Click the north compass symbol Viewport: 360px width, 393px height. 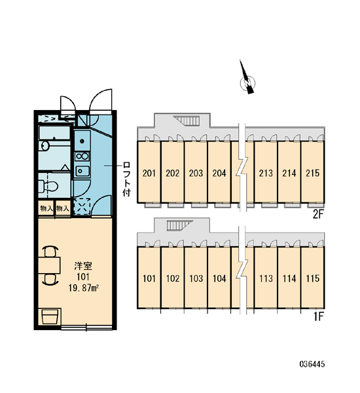pos(247,81)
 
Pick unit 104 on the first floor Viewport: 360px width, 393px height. pos(219,278)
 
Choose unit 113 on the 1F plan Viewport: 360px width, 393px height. pos(266,278)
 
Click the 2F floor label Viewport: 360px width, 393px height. pos(318,214)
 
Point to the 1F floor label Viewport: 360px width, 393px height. pos(319,317)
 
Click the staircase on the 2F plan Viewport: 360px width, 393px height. pos(188,120)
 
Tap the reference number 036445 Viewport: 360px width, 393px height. pos(312,364)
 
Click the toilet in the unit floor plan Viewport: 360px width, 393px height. pos(48,186)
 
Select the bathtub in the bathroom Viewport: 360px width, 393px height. pos(54,133)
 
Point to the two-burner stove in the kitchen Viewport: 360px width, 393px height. pos(82,156)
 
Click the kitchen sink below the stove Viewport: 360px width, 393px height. pos(82,171)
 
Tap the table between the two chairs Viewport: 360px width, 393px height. pos(49,265)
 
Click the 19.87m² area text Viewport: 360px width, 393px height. pos(83,288)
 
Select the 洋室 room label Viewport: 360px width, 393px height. pos(83,266)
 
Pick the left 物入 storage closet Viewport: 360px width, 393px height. pos(46,208)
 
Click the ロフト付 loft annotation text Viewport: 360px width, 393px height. pos(126,179)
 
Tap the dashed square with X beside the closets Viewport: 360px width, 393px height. pos(82,206)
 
